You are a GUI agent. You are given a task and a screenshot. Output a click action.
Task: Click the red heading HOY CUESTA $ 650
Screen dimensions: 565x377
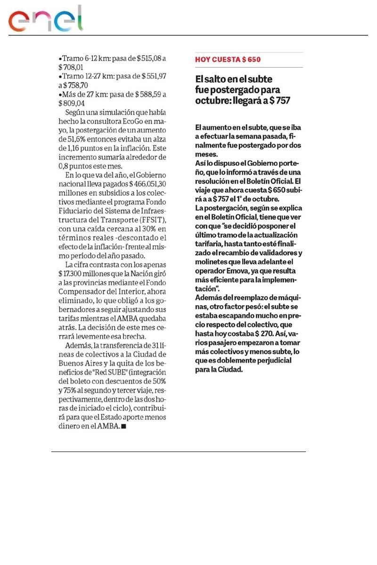[x=228, y=60]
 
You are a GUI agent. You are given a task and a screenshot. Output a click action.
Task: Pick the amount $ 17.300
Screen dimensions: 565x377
[x=79, y=273]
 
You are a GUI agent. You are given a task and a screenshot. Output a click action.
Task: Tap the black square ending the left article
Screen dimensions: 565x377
[x=123, y=427]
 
